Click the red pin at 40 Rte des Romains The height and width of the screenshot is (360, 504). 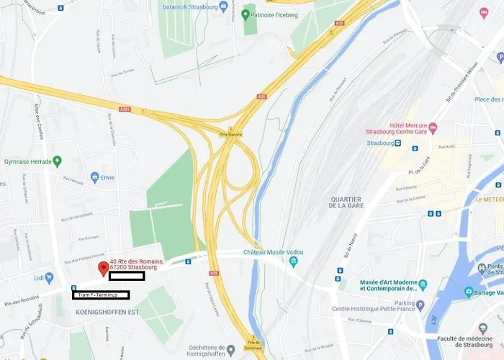pyautogui.click(x=103, y=269)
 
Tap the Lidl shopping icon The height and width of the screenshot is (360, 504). pyautogui.click(x=49, y=277)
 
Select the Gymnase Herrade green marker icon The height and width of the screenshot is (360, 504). pyautogui.click(x=57, y=161)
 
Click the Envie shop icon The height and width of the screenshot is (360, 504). pyautogui.click(x=94, y=176)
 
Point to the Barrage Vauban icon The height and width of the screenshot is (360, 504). pyautogui.click(x=469, y=292)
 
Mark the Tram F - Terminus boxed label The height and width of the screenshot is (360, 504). pyautogui.click(x=101, y=295)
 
